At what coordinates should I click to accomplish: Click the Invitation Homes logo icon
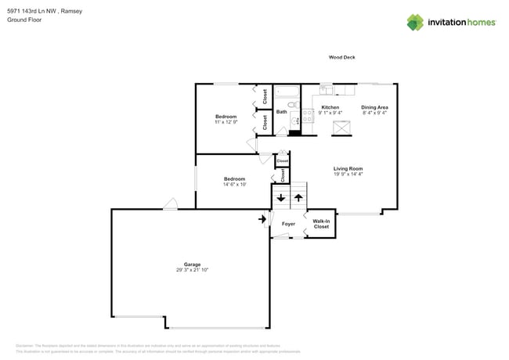pos(415,22)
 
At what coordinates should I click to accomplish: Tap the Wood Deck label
pos(341,57)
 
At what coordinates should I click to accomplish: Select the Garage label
pos(192,264)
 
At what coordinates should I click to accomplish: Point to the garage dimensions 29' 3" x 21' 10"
pos(192,269)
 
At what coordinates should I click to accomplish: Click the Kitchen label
pos(330,107)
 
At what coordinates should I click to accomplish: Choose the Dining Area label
pos(374,107)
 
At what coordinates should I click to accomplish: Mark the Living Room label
pos(348,168)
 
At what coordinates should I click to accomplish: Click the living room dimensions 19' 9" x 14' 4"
pos(348,174)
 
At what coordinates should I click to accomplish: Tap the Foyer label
pos(288,224)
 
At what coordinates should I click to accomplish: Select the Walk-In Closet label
pos(321,224)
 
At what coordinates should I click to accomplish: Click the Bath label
pos(281,112)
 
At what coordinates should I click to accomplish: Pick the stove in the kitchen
pos(297,120)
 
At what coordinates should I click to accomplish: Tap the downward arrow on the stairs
pos(281,198)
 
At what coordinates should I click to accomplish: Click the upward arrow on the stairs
pos(298,198)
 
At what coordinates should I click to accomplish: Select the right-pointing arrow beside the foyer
pos(262,219)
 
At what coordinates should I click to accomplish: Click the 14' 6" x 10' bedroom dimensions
pos(234,185)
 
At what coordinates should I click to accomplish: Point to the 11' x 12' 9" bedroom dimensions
pos(226,122)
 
